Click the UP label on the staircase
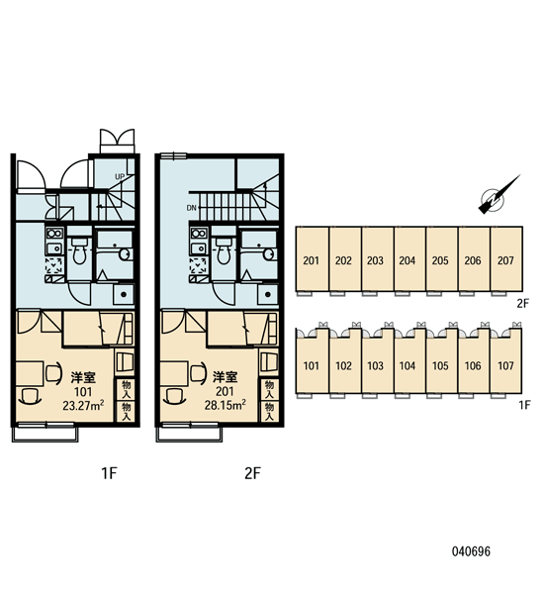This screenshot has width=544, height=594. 120,177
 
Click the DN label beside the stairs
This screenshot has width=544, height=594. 191,208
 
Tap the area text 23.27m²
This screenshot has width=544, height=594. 84,406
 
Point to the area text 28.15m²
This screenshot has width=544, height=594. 226,405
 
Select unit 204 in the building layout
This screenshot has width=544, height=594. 408,260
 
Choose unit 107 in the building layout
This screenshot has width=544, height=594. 505,366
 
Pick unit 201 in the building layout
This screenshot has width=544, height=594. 312,260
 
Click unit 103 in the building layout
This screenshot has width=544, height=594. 375,366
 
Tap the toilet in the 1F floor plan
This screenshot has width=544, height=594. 79,251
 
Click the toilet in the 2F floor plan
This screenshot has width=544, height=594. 223,251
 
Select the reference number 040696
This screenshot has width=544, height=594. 472,551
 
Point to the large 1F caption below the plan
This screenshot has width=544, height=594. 109,473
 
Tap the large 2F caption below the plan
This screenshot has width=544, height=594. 252,473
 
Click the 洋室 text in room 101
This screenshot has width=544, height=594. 83,377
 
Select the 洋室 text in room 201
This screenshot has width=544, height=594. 225,377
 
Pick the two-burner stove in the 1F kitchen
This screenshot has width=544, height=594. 54,234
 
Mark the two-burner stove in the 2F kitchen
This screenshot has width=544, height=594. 199,234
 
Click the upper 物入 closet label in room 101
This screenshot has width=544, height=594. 126,390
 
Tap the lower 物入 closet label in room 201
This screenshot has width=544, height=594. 269,412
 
